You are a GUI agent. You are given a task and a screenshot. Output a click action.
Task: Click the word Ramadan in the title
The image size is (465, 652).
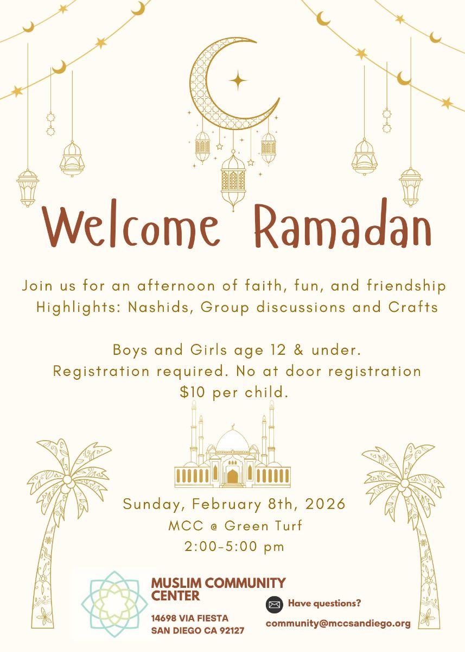pos(342,226)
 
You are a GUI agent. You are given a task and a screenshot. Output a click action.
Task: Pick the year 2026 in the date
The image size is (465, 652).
pos(325,504)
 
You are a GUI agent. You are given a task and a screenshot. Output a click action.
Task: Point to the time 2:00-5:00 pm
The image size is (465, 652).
pos(234,547)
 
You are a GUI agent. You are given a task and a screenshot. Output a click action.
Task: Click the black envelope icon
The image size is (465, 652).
pos(275,604)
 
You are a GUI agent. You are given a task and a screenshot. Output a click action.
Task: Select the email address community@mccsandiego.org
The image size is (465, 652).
pos(338,624)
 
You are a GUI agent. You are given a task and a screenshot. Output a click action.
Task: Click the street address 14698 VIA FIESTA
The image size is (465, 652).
pos(190,618)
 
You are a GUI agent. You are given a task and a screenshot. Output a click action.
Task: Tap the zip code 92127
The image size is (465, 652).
pos(231,631)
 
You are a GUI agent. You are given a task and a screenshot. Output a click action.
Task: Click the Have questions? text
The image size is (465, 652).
pos(324,603)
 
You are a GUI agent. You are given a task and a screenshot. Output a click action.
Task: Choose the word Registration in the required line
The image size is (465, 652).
pos(101,372)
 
